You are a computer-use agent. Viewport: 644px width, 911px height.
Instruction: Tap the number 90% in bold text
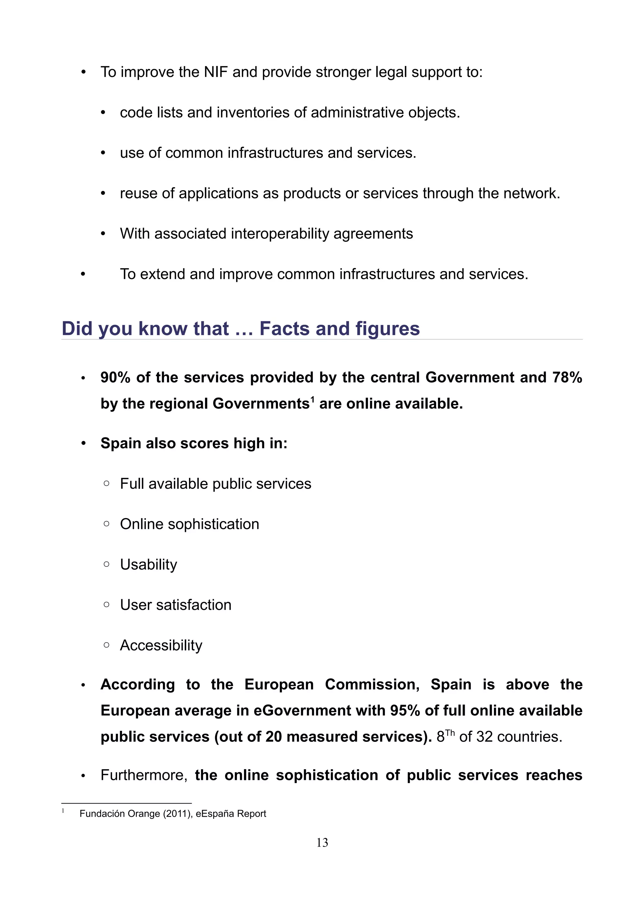(x=115, y=377)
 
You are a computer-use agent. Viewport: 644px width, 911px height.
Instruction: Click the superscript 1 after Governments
(x=312, y=399)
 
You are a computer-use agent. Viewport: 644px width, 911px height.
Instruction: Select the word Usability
(x=148, y=565)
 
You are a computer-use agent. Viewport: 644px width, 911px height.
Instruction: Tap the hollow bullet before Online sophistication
(x=106, y=524)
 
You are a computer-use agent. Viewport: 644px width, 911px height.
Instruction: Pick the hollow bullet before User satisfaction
(x=106, y=605)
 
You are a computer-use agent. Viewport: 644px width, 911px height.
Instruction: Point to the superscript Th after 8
(x=450, y=732)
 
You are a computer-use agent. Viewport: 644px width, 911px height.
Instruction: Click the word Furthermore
(x=144, y=775)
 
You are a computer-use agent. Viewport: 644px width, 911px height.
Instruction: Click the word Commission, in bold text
(x=372, y=684)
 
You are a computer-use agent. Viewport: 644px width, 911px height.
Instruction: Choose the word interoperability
(x=280, y=234)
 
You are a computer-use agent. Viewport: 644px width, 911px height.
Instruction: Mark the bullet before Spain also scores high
(x=83, y=444)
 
